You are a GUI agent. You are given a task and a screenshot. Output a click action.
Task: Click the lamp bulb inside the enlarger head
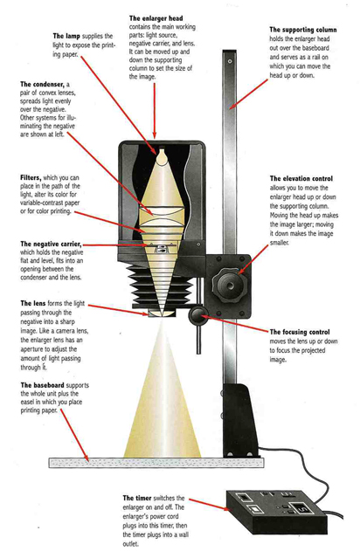pyautogui.click(x=162, y=156)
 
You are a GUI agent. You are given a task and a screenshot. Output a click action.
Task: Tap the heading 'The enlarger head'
pyautogui.click(x=156, y=18)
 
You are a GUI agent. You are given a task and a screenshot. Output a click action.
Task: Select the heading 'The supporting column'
pyautogui.click(x=303, y=30)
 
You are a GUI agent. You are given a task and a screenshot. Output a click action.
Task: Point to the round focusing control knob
pyautogui.click(x=198, y=316)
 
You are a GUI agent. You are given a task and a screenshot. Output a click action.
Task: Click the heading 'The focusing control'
pyautogui.click(x=300, y=332)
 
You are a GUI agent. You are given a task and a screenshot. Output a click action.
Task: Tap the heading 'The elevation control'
pyautogui.click(x=301, y=178)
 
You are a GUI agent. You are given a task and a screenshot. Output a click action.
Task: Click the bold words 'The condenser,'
pyautogui.click(x=42, y=85)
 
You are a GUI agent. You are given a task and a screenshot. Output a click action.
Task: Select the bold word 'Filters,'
pyautogui.click(x=31, y=178)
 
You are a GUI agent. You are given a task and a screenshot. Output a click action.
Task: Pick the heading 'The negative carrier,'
pyautogui.click(x=51, y=244)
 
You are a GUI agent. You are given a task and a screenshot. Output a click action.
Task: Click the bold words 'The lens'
pyautogui.click(x=32, y=303)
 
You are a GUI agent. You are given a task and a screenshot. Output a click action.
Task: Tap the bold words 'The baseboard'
pyautogui.click(x=42, y=385)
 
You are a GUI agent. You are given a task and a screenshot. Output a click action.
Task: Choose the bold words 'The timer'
pyautogui.click(x=137, y=498)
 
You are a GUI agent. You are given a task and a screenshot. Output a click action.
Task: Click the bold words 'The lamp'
pyautogui.click(x=66, y=36)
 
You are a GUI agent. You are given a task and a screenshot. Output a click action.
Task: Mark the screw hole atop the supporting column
pyautogui.click(x=230, y=61)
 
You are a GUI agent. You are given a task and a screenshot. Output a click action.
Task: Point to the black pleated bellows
pyautogui.click(x=163, y=285)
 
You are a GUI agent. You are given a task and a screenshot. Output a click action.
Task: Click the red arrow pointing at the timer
pyautogui.click(x=208, y=504)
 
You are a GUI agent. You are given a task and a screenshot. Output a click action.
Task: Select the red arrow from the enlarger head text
pyautogui.click(x=154, y=111)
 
